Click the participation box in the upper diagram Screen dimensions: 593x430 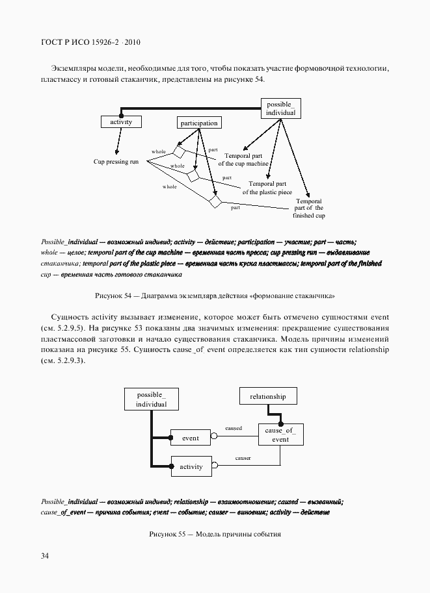(x=198, y=122)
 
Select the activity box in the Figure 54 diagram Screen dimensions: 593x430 (x=121, y=121)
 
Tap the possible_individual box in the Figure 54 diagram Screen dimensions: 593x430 (x=280, y=108)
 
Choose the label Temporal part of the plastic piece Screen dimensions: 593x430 (x=267, y=188)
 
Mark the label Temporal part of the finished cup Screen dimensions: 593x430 (x=308, y=208)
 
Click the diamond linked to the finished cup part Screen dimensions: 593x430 (x=216, y=201)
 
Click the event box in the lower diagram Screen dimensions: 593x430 (x=191, y=438)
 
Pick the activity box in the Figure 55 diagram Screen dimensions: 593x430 (x=191, y=466)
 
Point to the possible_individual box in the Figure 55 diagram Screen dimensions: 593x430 (x=152, y=399)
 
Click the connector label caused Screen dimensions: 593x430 (x=233, y=429)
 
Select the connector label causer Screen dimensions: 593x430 (x=243, y=459)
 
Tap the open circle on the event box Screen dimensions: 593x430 (x=213, y=438)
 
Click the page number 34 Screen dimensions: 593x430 (x=44, y=555)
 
